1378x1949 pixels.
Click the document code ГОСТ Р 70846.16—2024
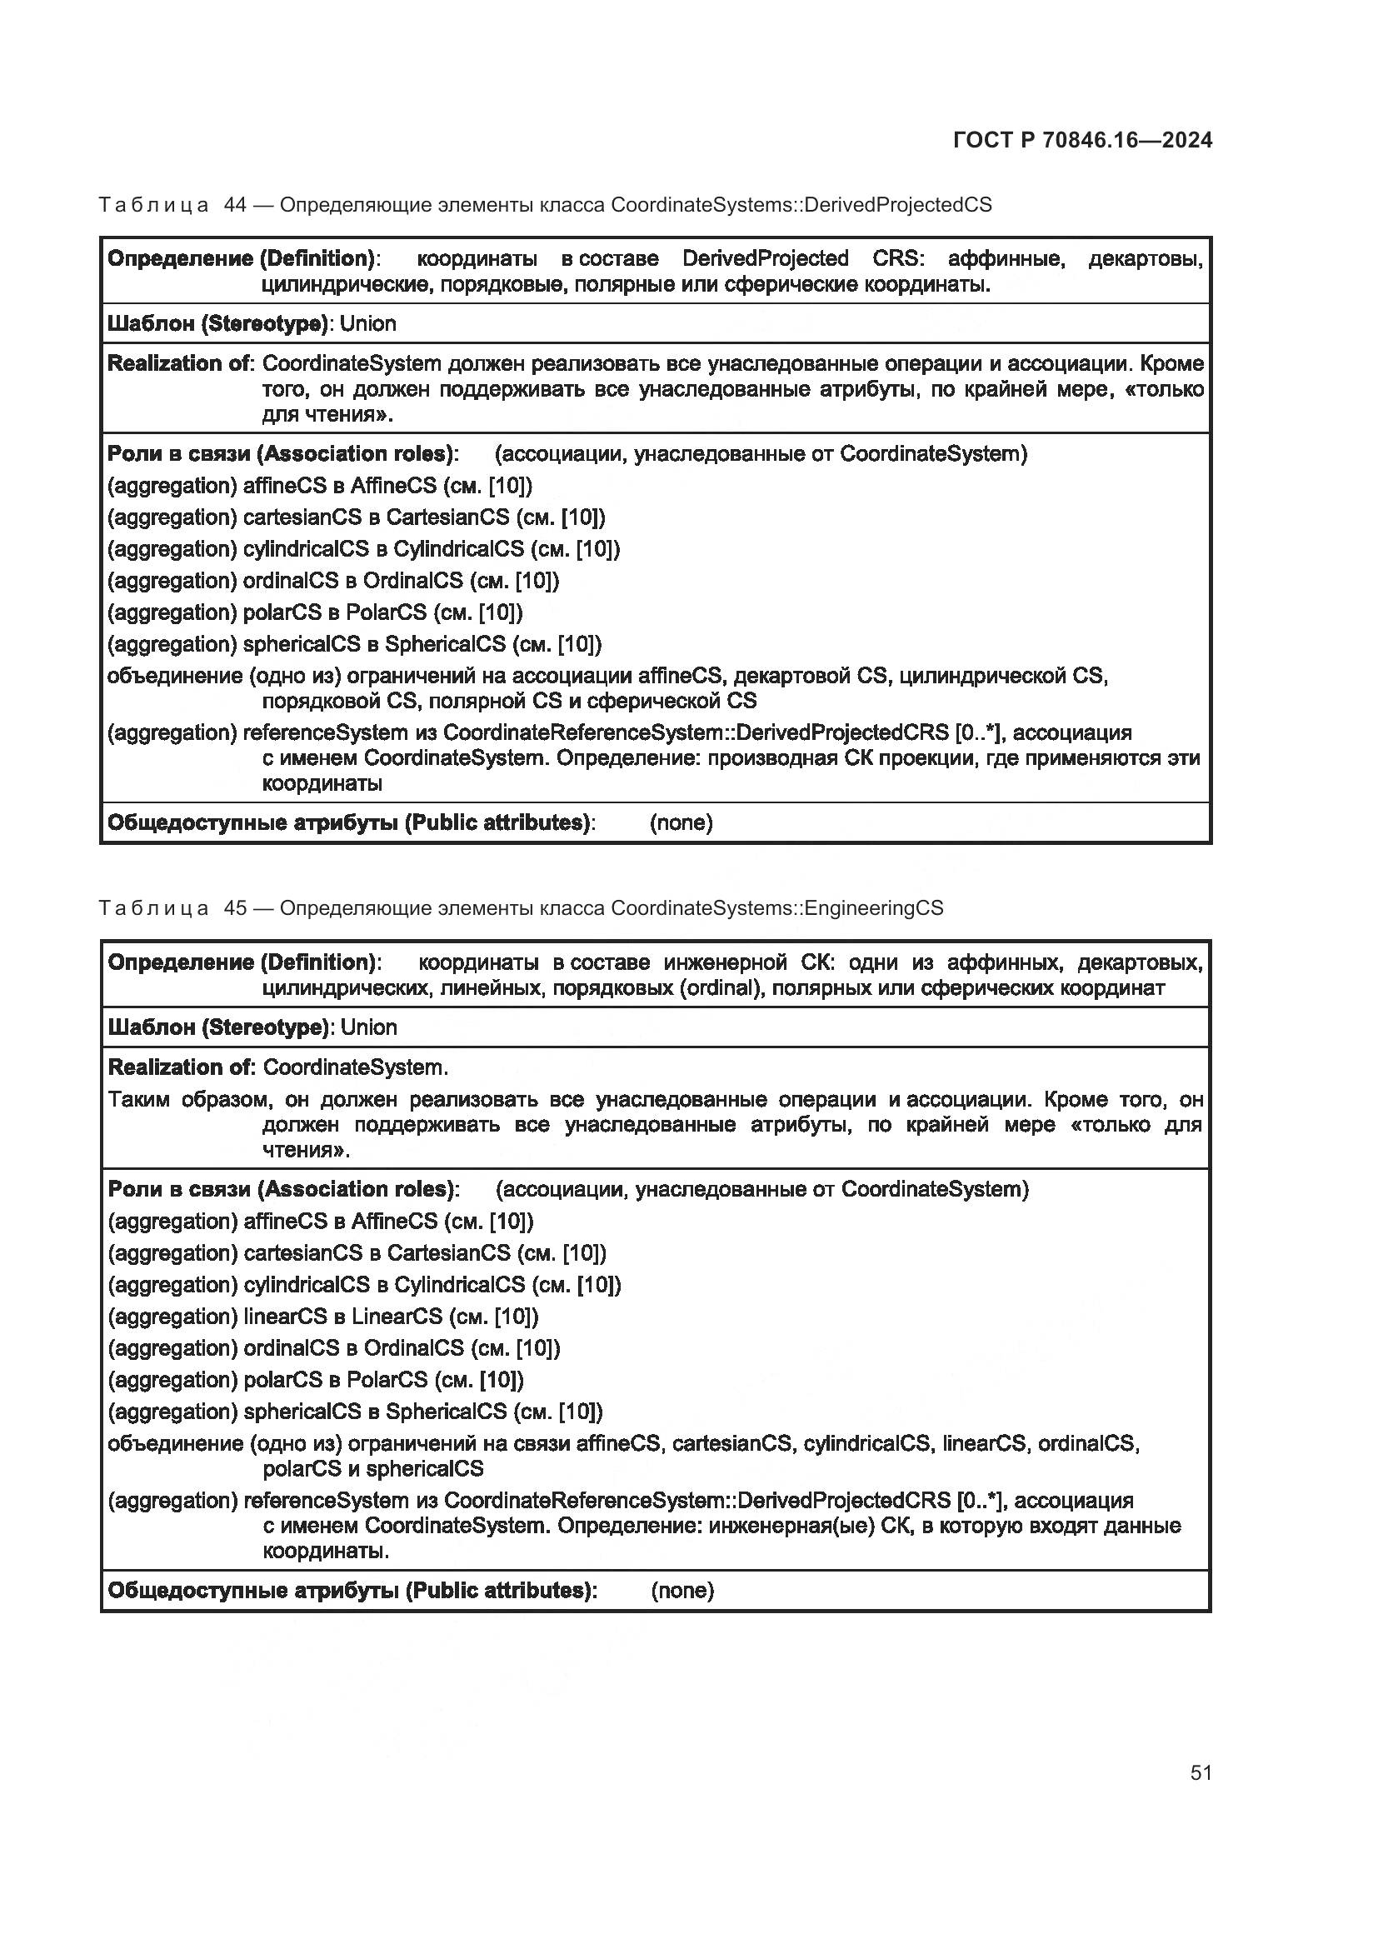pos(1083,140)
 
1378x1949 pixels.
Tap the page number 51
pos(1201,1772)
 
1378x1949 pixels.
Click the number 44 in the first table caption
pos(235,205)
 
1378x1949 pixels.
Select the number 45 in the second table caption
pos(235,908)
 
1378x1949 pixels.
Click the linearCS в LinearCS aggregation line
pos(323,1317)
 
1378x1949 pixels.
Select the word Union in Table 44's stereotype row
pos(368,324)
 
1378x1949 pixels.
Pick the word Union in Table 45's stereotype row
pos(369,1028)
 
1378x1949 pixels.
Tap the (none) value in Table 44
pos(682,822)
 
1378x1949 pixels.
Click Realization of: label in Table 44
pos(181,364)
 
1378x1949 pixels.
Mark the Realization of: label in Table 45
pos(182,1067)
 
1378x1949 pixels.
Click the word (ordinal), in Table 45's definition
pos(721,988)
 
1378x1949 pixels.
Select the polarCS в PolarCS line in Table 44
pos(315,612)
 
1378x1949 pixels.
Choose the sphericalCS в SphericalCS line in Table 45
pos(356,1412)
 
